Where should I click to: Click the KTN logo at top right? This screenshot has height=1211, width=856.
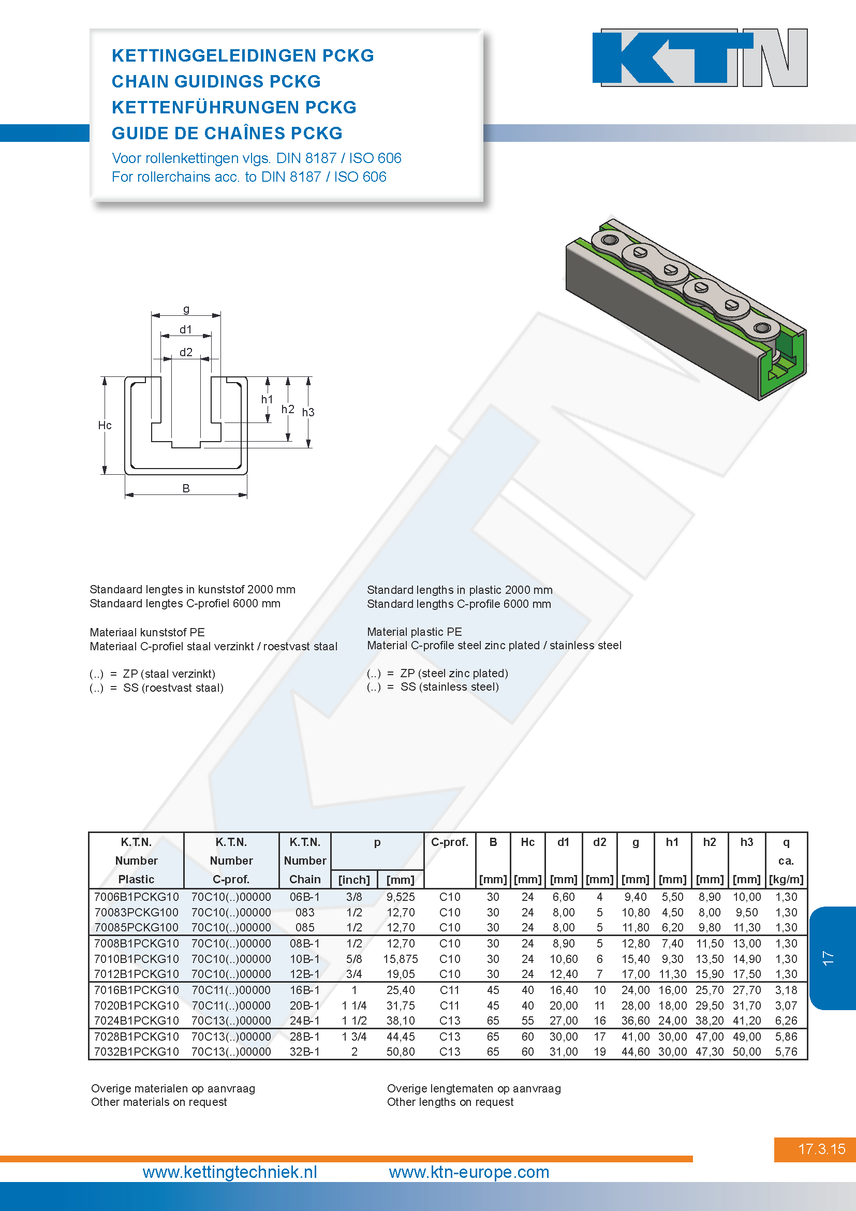(700, 57)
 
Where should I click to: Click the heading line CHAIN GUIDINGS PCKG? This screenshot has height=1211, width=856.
(216, 81)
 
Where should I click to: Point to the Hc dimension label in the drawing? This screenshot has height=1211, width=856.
(105, 425)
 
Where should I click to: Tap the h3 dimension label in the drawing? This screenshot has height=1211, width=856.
(308, 412)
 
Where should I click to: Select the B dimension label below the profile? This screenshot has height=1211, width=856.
(186, 488)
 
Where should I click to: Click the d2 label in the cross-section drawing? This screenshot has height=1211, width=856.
(186, 352)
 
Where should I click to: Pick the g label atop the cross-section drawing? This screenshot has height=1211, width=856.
(186, 309)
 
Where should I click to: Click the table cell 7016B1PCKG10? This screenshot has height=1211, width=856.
(137, 990)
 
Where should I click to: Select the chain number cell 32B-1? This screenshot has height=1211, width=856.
(305, 1052)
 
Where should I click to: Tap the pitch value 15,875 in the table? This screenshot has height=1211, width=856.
(401, 959)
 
